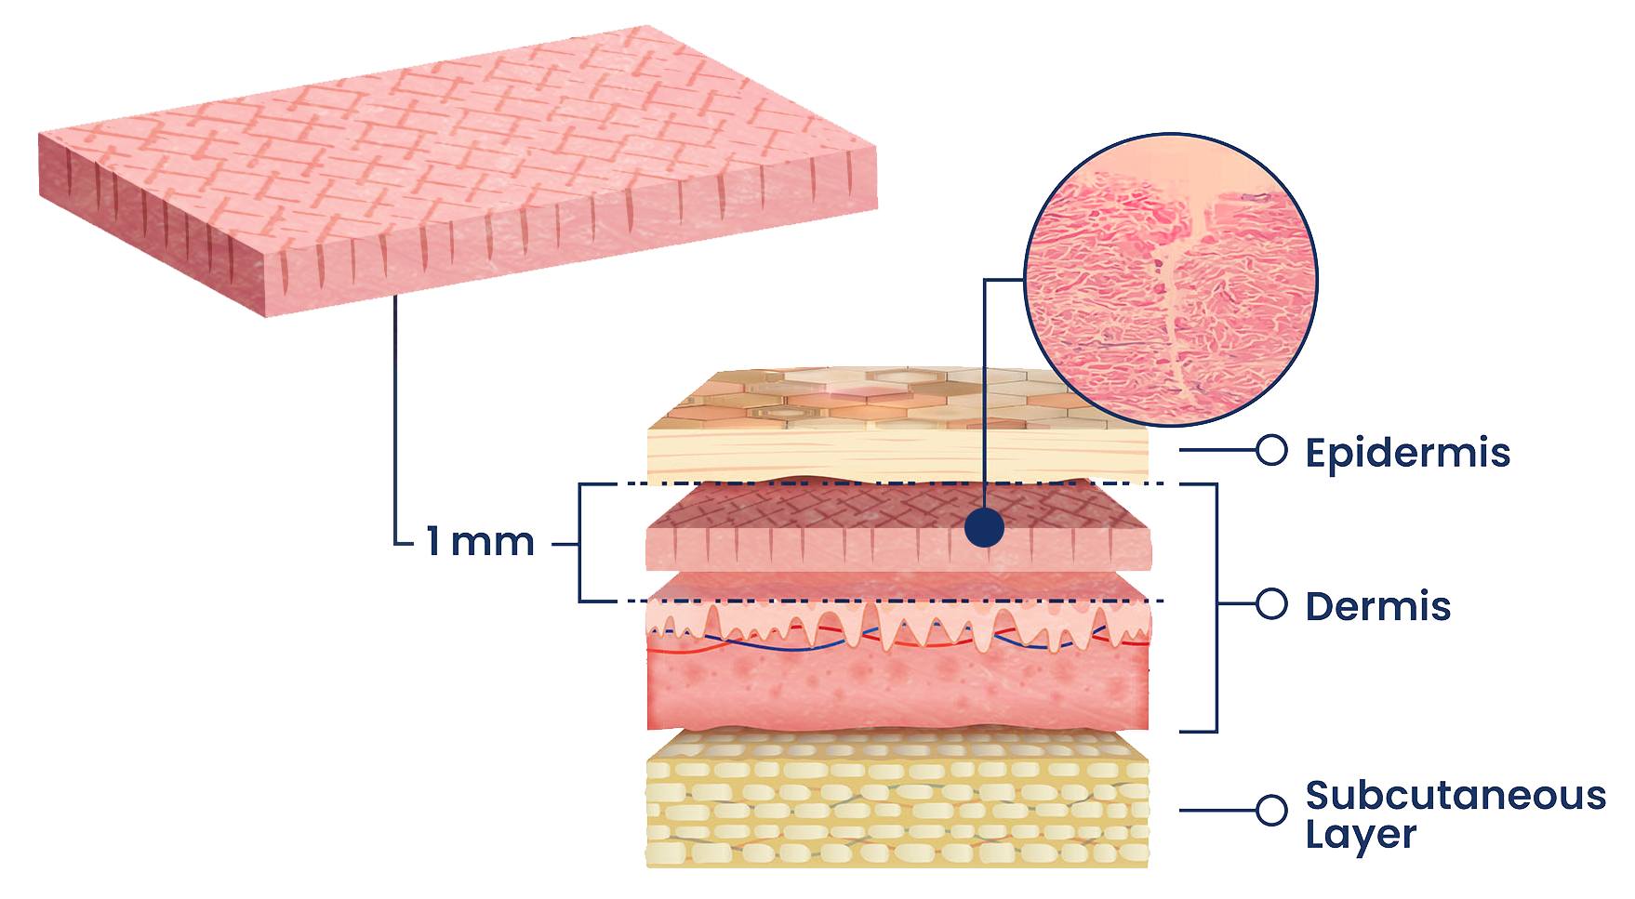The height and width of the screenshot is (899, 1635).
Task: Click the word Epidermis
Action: pyautogui.click(x=1407, y=454)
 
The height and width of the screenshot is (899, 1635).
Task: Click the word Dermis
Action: pyautogui.click(x=1377, y=607)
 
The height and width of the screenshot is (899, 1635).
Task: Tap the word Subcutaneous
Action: pyautogui.click(x=1456, y=796)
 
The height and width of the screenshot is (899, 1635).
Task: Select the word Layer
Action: pyautogui.click(x=1361, y=834)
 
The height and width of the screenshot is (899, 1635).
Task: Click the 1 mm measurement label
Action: pyautogui.click(x=481, y=542)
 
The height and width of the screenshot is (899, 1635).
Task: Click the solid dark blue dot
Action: pyautogui.click(x=984, y=528)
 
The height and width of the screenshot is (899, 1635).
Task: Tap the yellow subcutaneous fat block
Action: pyautogui.click(x=897, y=804)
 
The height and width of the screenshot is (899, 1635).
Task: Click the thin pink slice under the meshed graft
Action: pyautogui.click(x=897, y=586)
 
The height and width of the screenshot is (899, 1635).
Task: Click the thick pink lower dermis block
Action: pyautogui.click(x=897, y=688)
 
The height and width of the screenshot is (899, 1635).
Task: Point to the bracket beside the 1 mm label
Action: pyautogui.click(x=580, y=542)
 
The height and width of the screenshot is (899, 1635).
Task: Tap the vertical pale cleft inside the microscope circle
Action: pyautogui.click(x=1174, y=297)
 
